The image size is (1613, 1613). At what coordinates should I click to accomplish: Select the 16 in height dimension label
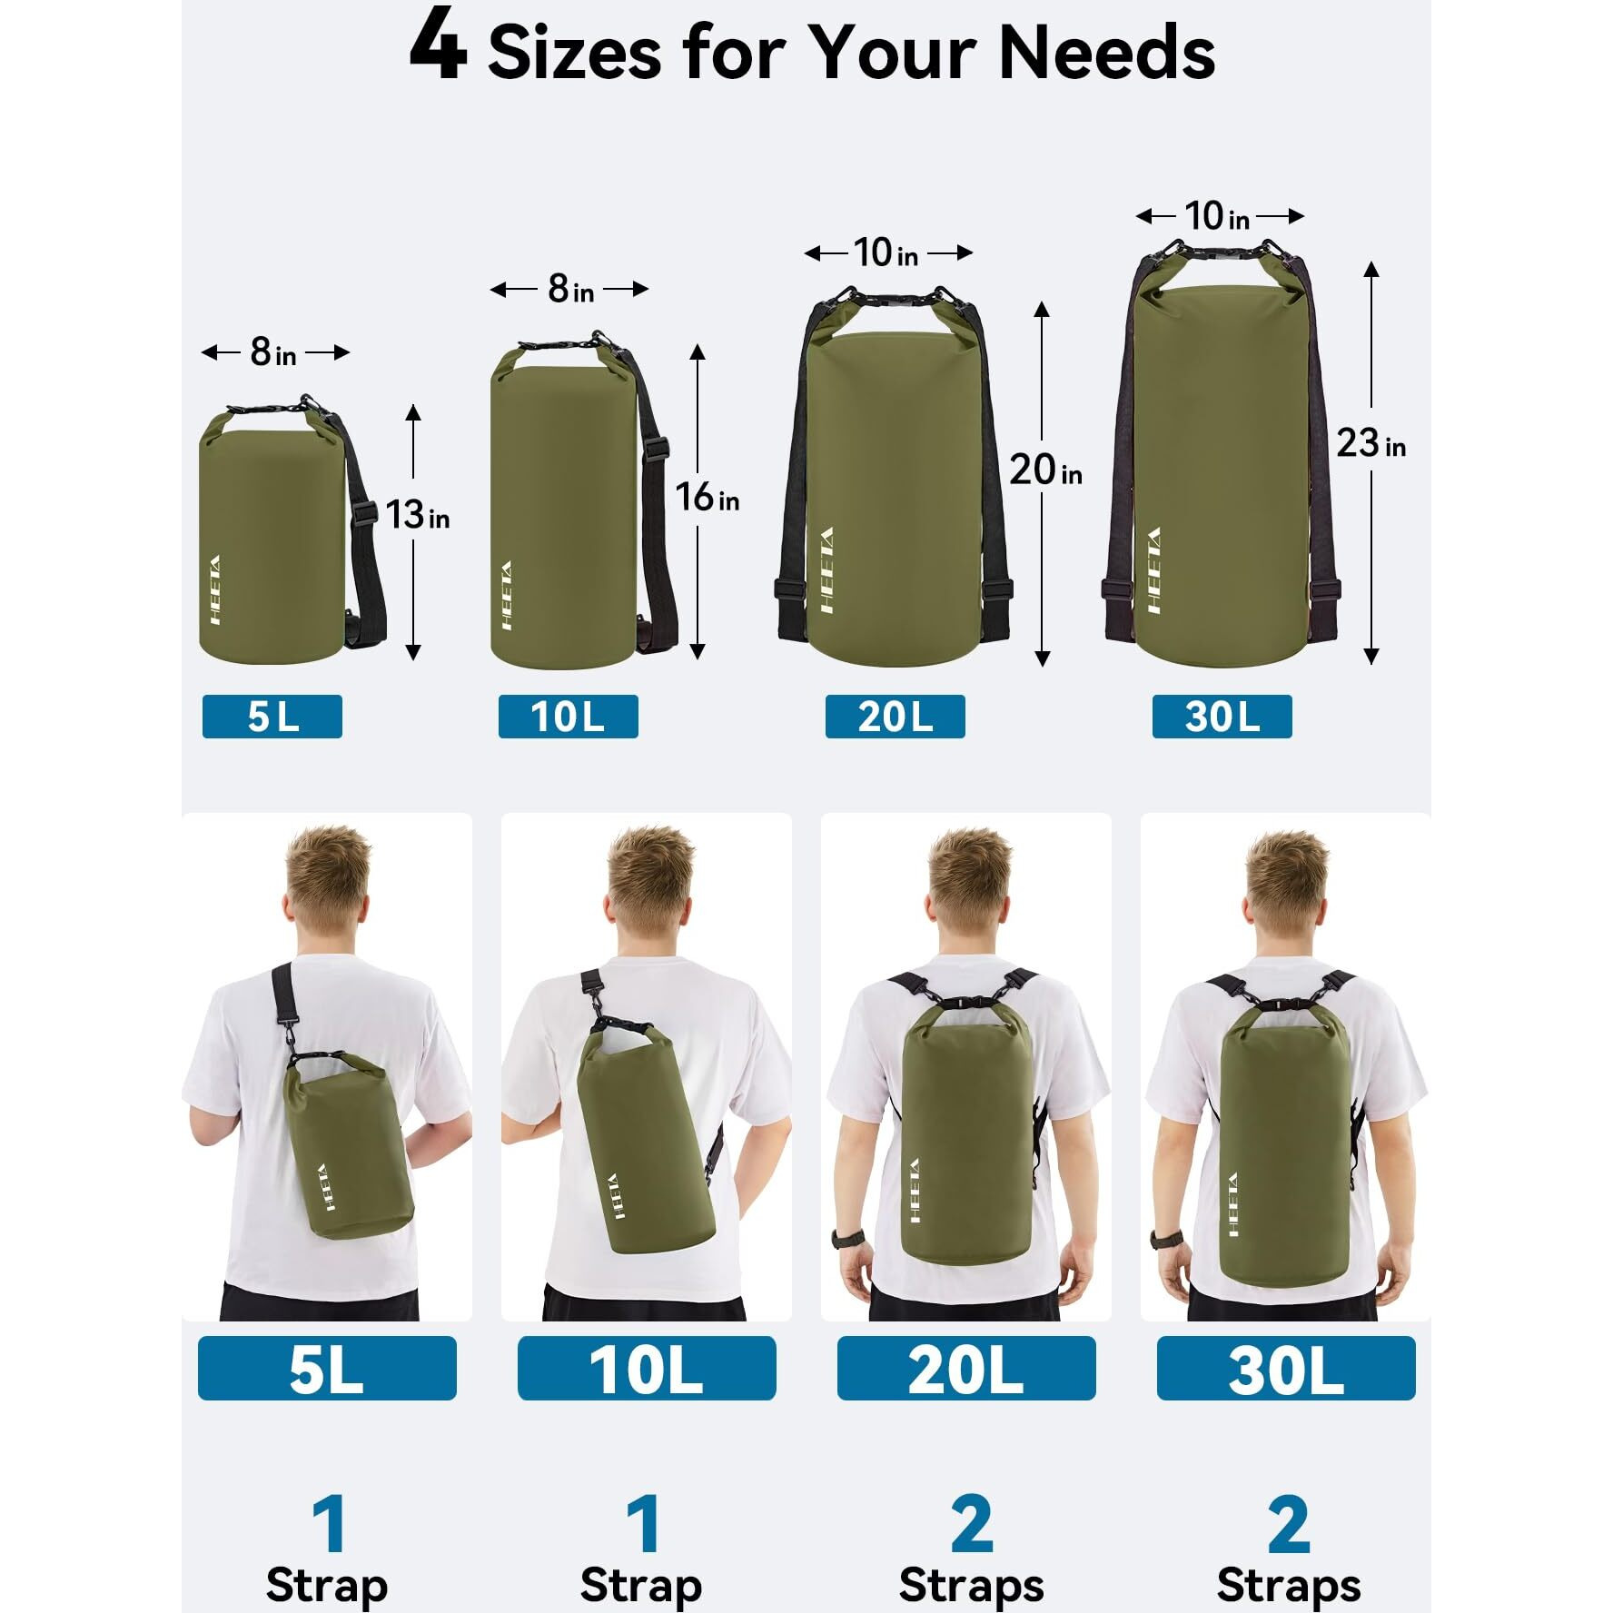pyautogui.click(x=707, y=498)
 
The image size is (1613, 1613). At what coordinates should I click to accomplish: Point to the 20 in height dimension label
pyautogui.click(x=1045, y=470)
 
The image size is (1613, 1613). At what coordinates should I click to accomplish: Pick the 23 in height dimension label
pyautogui.click(x=1370, y=443)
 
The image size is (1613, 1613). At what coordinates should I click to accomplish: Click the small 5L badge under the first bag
pyautogui.click(x=272, y=717)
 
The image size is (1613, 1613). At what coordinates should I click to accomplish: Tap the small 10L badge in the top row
pyautogui.click(x=568, y=717)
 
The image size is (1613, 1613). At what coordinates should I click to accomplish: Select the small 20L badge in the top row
pyautogui.click(x=895, y=717)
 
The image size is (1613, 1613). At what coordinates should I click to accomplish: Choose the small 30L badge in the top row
pyautogui.click(x=1222, y=717)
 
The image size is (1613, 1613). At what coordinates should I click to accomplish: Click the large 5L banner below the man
pyautogui.click(x=327, y=1368)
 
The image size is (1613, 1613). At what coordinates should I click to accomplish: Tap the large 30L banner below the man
pyautogui.click(x=1286, y=1368)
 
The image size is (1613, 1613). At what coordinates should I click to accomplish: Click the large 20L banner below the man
pyautogui.click(x=966, y=1368)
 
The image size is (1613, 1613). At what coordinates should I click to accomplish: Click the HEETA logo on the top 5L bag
pyautogui.click(x=214, y=589)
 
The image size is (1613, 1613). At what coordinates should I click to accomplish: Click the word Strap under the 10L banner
pyautogui.click(x=641, y=1586)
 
